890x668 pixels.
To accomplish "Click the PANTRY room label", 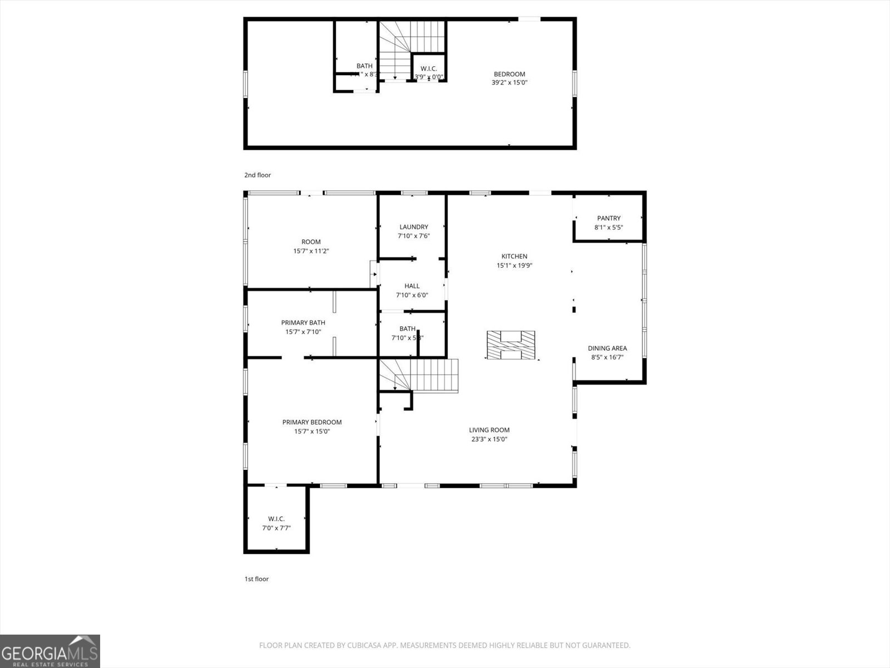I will pyautogui.click(x=609, y=218).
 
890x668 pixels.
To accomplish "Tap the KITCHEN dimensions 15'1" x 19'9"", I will pyautogui.click(x=515, y=266).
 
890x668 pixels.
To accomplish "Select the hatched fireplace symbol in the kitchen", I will pyautogui.click(x=511, y=345).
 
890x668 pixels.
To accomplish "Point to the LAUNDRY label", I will pyautogui.click(x=413, y=227).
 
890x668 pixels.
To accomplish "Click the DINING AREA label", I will pyautogui.click(x=607, y=348).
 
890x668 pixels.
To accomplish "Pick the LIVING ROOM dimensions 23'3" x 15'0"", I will pyautogui.click(x=489, y=439).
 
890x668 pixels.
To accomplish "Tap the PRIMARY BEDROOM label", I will pyautogui.click(x=311, y=422).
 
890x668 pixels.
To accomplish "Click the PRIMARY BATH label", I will pyautogui.click(x=303, y=322).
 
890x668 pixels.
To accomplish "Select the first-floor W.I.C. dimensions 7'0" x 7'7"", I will pyautogui.click(x=276, y=528).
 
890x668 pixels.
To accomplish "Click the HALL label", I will pyautogui.click(x=412, y=286).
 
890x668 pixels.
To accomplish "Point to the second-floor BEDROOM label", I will pyautogui.click(x=509, y=74).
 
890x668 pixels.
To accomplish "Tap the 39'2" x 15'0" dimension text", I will pyautogui.click(x=509, y=82).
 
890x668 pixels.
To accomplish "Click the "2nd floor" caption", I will pyautogui.click(x=258, y=175).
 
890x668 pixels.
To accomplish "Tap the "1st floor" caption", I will pyautogui.click(x=256, y=579).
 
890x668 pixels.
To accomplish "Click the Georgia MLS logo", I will pyautogui.click(x=50, y=651).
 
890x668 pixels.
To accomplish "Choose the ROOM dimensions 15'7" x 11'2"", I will pyautogui.click(x=311, y=251).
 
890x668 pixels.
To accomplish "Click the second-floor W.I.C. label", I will pyautogui.click(x=429, y=68).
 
